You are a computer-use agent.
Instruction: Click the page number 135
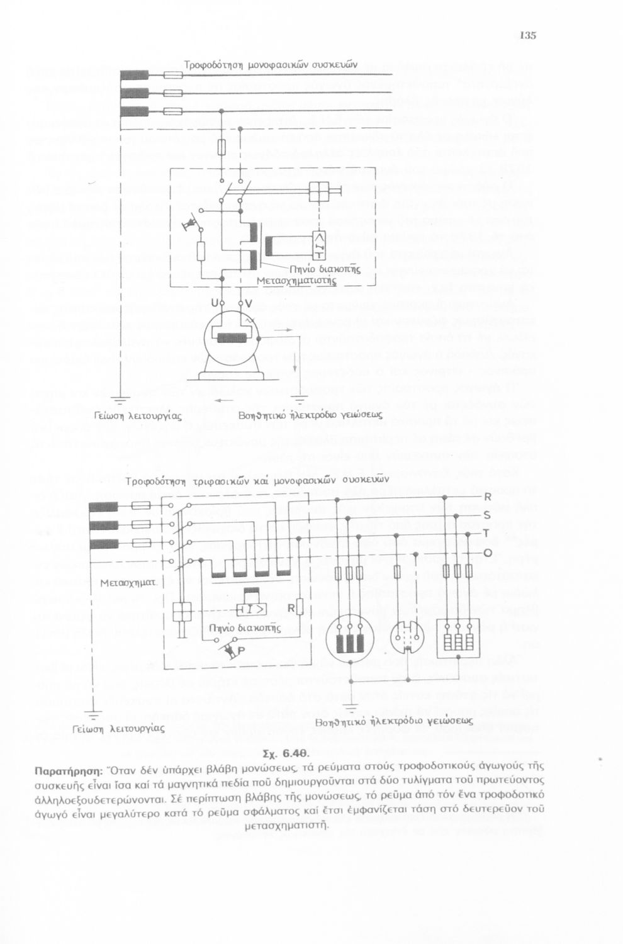pos(527,35)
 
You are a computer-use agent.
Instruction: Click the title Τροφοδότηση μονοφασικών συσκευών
pos(271,64)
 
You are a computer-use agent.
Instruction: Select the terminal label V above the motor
pos(248,304)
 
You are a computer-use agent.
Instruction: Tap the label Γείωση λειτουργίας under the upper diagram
pos(138,416)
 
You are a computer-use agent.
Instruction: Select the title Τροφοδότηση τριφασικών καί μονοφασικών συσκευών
pos(257,481)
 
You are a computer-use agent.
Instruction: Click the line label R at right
pos(486,497)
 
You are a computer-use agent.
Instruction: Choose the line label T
pos(486,534)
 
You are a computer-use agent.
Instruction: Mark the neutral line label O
pos(487,553)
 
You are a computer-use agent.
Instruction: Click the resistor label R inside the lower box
pos(291,609)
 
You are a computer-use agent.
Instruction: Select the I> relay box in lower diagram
pos(250,610)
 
